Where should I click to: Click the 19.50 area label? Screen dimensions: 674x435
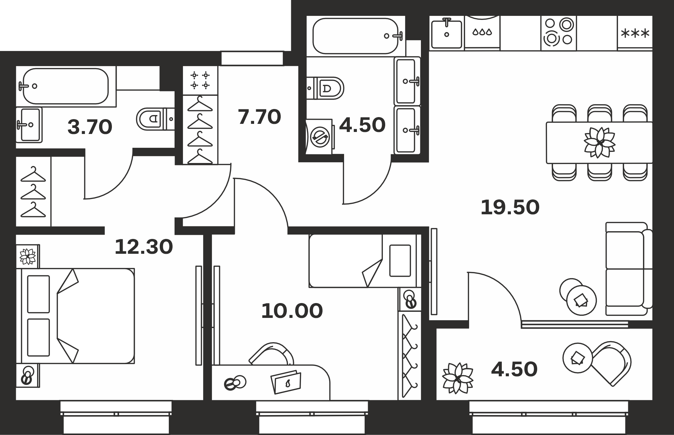[x=510, y=207]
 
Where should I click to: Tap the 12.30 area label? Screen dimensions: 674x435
[x=144, y=247]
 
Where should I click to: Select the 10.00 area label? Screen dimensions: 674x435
[x=292, y=311]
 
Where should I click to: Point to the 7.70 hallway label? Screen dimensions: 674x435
[x=259, y=117]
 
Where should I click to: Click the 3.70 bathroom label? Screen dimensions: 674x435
[x=90, y=127]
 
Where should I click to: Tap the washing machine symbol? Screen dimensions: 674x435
[x=320, y=137]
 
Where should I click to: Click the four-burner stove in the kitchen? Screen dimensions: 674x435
[x=558, y=33]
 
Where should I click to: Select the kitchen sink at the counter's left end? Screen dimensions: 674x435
[x=447, y=33]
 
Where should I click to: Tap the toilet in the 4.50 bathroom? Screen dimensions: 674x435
[x=325, y=88]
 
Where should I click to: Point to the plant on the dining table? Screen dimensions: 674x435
[x=600, y=142]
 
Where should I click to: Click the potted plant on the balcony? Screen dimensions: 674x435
[x=458, y=378]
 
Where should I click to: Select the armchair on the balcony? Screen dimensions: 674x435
[x=611, y=363]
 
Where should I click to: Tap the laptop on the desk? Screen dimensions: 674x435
[x=286, y=382]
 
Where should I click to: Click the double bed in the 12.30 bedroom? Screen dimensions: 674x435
[x=78, y=316]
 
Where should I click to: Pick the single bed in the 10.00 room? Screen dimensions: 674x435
[x=365, y=261]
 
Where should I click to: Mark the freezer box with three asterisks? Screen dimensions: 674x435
[x=635, y=33]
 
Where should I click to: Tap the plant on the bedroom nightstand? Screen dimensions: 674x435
[x=28, y=256]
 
